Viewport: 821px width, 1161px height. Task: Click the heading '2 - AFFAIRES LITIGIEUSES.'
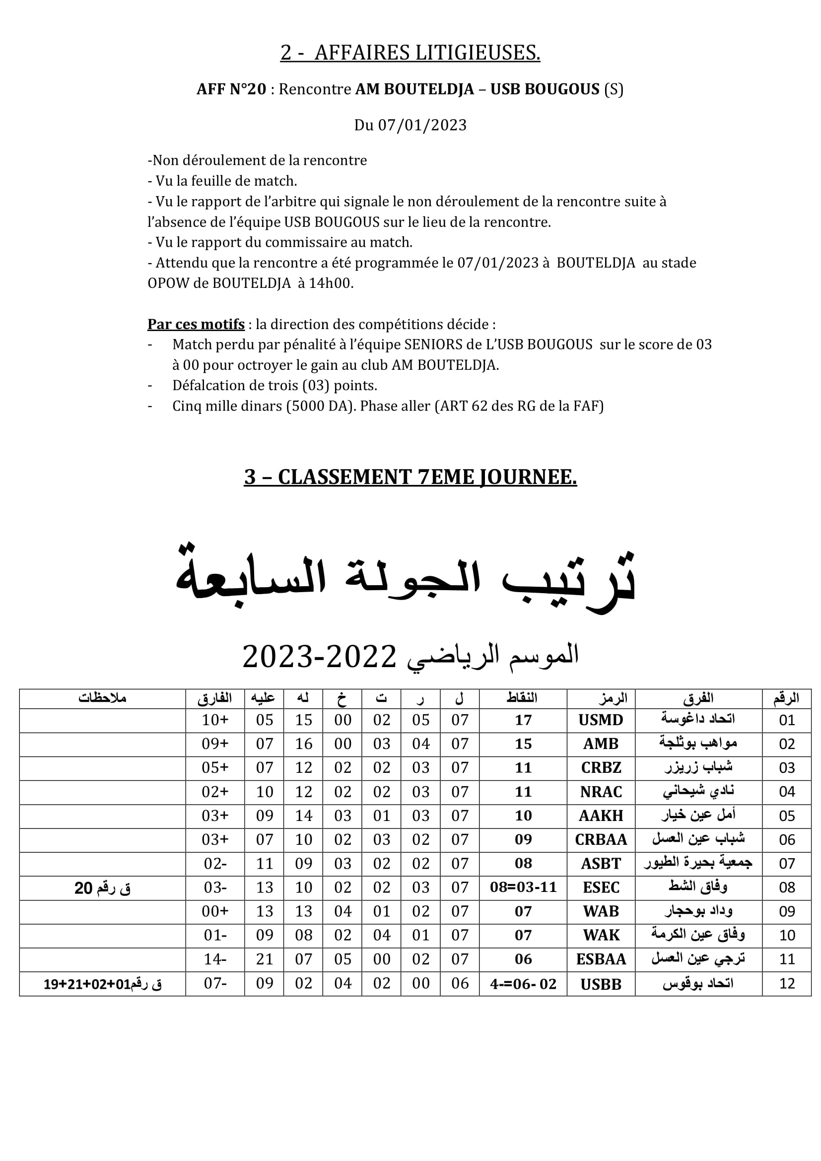410,53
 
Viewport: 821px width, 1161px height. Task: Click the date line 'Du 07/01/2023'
410,125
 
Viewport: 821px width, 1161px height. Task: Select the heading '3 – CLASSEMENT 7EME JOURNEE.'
410,477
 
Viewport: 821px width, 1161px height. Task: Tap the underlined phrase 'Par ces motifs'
196,324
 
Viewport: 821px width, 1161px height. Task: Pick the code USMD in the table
601,720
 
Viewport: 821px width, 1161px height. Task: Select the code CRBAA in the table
601,839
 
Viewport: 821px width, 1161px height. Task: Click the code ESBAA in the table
601,959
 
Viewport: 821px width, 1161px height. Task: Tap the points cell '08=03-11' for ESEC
523,888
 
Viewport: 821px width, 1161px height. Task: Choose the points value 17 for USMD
523,720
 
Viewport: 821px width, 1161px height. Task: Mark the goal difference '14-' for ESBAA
215,959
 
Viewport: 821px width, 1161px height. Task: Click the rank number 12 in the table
787,983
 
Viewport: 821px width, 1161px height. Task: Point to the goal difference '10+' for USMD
215,720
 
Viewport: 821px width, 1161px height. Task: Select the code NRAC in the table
601,792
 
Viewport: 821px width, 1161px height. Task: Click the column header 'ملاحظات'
102,698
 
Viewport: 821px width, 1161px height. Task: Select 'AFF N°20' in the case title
231,89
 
